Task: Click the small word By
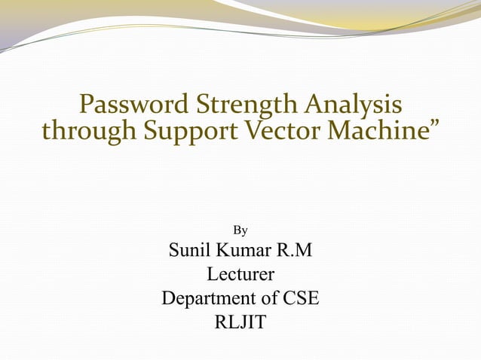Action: click(x=240, y=229)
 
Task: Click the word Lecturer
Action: click(x=240, y=274)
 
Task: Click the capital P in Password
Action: click(x=87, y=104)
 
